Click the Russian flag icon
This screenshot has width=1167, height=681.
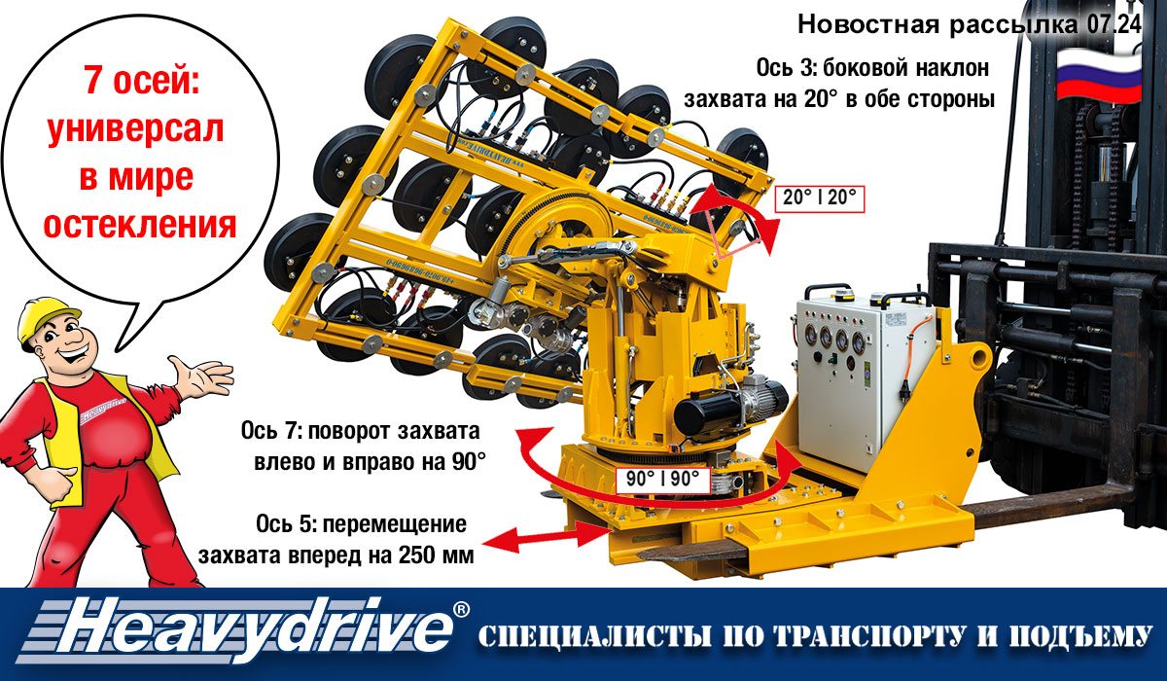(1099, 75)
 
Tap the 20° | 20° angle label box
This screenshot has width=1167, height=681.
(820, 198)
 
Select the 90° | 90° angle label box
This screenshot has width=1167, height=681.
(662, 480)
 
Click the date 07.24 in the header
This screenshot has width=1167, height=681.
(1114, 24)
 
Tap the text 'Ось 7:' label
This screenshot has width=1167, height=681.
(271, 431)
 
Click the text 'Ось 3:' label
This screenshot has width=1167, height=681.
(787, 68)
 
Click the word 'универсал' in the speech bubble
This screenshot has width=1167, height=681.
(135, 130)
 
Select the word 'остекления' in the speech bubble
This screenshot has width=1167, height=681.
(140, 225)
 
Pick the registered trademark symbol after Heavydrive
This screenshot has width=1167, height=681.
(461, 609)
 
